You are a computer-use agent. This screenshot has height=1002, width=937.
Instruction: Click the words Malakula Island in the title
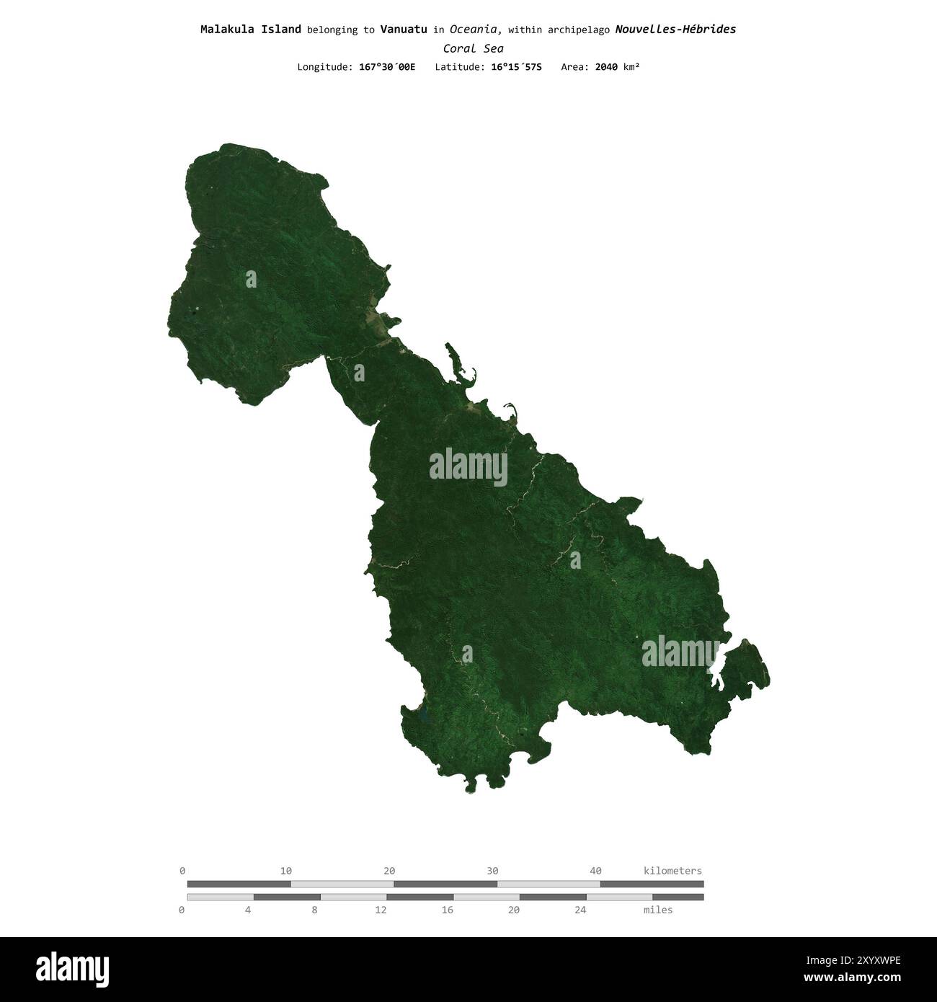pyautogui.click(x=251, y=30)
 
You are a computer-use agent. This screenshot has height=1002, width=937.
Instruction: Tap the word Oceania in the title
pyautogui.click(x=475, y=30)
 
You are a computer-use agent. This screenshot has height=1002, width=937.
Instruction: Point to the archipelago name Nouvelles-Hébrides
pyautogui.click(x=675, y=30)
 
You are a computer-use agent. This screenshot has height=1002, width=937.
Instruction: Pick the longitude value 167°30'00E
pyautogui.click(x=387, y=67)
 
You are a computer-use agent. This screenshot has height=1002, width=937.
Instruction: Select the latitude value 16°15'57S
pyautogui.click(x=513, y=67)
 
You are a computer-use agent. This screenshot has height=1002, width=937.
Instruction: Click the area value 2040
pyautogui.click(x=606, y=67)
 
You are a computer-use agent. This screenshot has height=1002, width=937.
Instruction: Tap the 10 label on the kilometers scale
pyautogui.click(x=286, y=871)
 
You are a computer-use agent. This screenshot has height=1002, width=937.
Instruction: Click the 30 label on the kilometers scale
pyautogui.click(x=492, y=871)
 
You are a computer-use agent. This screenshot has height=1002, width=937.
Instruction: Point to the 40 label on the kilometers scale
pyautogui.click(x=595, y=871)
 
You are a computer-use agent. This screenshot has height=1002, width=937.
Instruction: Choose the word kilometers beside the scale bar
pyautogui.click(x=672, y=871)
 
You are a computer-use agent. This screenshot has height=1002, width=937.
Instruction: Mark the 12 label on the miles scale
pyautogui.click(x=381, y=910)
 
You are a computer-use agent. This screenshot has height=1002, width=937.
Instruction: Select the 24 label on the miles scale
pyautogui.click(x=580, y=910)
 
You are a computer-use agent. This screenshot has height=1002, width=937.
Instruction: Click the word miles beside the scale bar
pyautogui.click(x=658, y=910)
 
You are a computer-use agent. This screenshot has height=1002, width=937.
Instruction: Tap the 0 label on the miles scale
pyautogui.click(x=182, y=910)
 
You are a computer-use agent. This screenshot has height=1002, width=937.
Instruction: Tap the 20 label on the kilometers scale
pyautogui.click(x=389, y=871)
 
